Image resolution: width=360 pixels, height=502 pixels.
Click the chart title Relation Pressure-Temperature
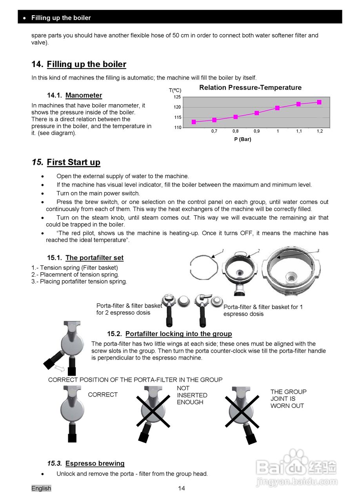pyautogui.click(x=250, y=87)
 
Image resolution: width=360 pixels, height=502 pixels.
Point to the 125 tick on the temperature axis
pyautogui.click(x=177, y=97)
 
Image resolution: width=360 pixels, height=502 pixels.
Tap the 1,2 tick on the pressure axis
pyautogui.click(x=320, y=131)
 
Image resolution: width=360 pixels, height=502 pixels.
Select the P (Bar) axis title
pyautogui.click(x=242, y=139)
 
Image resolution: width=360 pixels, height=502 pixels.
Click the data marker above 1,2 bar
pyautogui.click(x=319, y=102)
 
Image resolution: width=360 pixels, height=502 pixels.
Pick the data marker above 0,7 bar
pyautogui.click(x=215, y=120)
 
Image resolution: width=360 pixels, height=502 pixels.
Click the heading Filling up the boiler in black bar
pyautogui.click(x=61, y=18)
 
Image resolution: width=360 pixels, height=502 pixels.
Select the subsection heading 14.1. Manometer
pyautogui.click(x=75, y=95)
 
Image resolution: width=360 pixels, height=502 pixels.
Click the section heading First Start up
pyautogui.click(x=73, y=162)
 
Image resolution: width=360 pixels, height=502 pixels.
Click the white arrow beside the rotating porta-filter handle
pyautogui.click(x=60, y=368)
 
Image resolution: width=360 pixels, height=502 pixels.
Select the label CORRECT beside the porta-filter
pyautogui.click(x=103, y=395)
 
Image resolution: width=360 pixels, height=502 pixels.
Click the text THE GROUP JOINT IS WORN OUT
pyautogui.click(x=288, y=398)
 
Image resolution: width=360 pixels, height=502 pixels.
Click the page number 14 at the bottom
pyautogui.click(x=181, y=488)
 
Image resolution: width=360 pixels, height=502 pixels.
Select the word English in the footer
pyautogui.click(x=41, y=488)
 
